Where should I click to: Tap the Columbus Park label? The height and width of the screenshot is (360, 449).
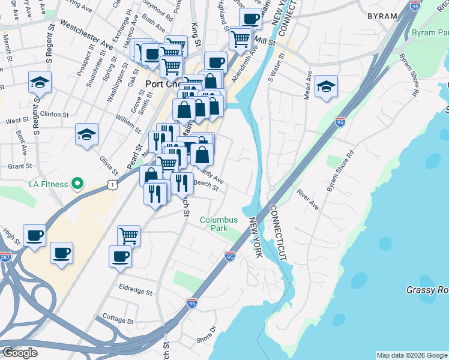(219, 224)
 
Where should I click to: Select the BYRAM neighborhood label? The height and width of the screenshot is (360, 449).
(382, 16)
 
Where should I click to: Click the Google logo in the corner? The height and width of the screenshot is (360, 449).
(19, 353)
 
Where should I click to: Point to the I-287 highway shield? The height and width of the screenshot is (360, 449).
(5, 257)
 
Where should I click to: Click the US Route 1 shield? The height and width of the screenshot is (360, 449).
(112, 186)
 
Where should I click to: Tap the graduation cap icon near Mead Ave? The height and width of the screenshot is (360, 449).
(326, 86)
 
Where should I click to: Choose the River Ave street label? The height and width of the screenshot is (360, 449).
(307, 200)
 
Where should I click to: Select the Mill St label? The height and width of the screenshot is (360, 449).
(264, 41)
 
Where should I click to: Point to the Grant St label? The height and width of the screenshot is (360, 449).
(19, 166)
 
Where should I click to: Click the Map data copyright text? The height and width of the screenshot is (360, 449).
(411, 355)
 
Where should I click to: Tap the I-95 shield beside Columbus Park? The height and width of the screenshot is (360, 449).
(230, 256)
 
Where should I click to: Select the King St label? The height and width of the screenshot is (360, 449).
(194, 29)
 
